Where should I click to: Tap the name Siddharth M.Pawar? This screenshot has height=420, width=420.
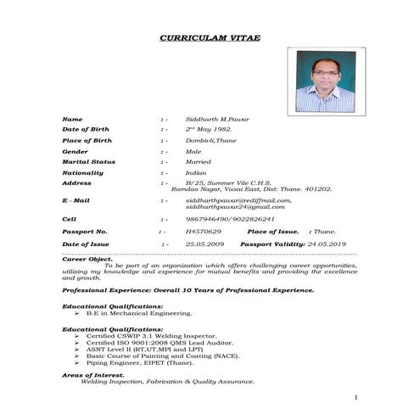coord(218,120)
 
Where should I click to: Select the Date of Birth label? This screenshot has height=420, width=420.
coord(87,130)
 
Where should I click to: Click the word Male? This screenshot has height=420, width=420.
coord(193,151)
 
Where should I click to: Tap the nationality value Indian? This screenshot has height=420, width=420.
coord(197,172)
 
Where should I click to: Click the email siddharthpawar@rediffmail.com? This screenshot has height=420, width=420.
coord(238,200)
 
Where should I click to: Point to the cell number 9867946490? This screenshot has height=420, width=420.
coord(204,219)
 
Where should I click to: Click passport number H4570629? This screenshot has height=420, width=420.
coord(203,231)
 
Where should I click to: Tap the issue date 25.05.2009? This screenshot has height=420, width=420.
coord(204,244)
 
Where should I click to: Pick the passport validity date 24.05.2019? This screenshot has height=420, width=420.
coord(328,244)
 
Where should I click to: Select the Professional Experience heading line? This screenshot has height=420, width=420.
coord(188,290)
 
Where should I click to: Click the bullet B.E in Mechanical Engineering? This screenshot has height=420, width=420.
coord(127,312)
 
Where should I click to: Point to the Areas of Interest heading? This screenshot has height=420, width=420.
coord(93,375)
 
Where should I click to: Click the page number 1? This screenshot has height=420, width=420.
coord(357,397)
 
